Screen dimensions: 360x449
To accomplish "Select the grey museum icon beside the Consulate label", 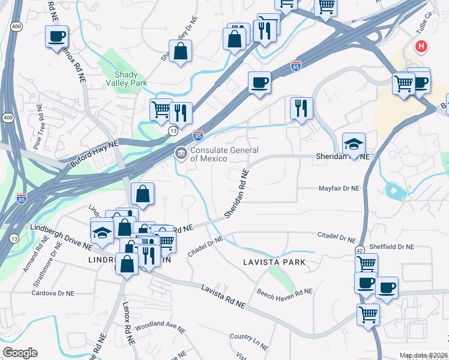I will coord(181,154).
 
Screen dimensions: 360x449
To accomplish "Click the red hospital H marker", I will coord(423,46).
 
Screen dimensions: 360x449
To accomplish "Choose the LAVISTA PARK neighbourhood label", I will coord(274,262).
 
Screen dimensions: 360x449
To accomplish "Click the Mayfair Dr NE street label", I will coord(338,188).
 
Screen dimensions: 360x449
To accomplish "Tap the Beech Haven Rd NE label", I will coord(285,292).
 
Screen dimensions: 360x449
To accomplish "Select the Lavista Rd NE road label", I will coord(223,296).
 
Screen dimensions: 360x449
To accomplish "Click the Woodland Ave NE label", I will coord(159,328).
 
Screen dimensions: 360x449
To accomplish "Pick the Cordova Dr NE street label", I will coord(53,293).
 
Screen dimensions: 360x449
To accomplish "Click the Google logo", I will coord(20,352).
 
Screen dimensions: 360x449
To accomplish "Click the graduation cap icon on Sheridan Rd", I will coord(354,143).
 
